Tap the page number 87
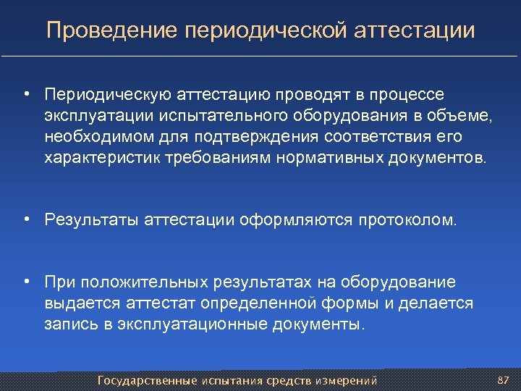(504, 380)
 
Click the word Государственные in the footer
(148, 380)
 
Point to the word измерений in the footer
(349, 380)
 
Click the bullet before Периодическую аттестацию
(25, 94)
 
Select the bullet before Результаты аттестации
(25, 219)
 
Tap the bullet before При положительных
(25, 281)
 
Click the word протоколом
(407, 219)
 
